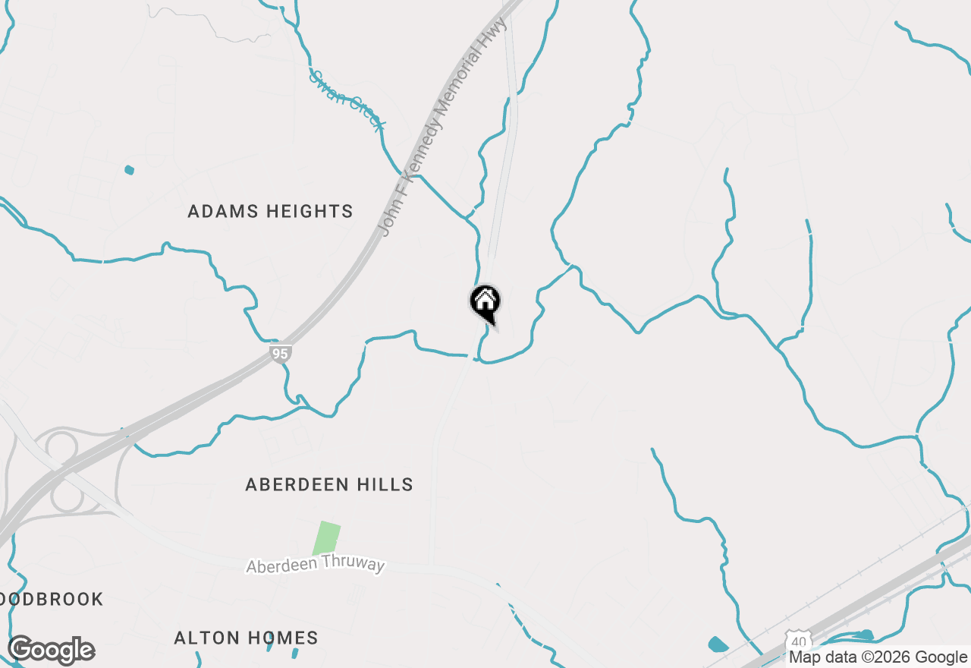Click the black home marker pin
point(485,303)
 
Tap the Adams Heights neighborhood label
point(270,212)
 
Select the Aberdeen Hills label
point(329,484)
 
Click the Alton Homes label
point(246,638)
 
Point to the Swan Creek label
point(348,100)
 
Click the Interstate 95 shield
point(281,353)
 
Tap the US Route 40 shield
point(797,641)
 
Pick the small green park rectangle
point(327,538)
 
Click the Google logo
point(51,651)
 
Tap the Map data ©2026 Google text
point(878,657)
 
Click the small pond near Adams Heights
point(129,169)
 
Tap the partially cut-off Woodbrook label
point(52,600)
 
